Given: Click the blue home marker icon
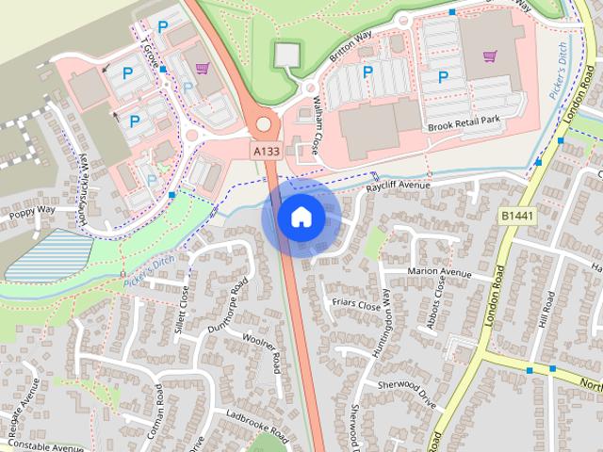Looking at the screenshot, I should tap(301, 218).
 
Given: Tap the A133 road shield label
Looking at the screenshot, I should tap(265, 151).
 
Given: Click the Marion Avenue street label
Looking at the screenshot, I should tap(438, 273).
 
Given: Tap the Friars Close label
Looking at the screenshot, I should tap(356, 305).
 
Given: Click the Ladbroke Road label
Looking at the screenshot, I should tap(257, 428).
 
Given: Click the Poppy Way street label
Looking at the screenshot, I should tap(33, 212).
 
